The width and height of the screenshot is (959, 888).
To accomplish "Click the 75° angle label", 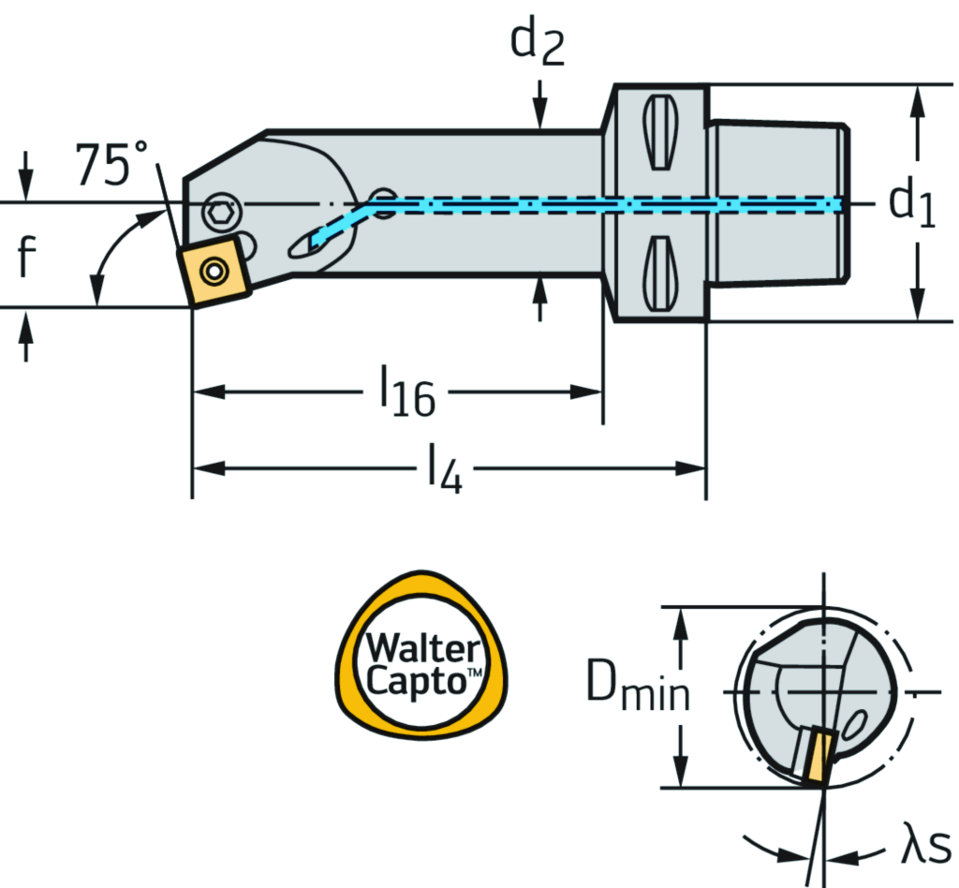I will click(111, 166).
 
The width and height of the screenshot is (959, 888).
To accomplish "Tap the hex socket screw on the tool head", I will click(220, 213).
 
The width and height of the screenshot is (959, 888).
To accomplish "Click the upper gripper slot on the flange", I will click(659, 131).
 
